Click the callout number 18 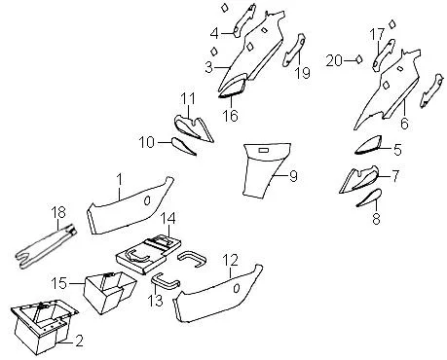pos(58,212)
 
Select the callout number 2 pos(79,341)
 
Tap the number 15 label pos(59,283)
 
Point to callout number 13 pos(155,301)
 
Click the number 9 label pos(293,176)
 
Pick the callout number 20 pos(334,60)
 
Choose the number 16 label pos(230,116)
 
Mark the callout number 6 pos(404,124)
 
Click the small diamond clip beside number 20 pos(358,59)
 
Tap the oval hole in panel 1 pos(147,200)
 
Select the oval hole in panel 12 pos(237,288)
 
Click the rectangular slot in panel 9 pos(263,150)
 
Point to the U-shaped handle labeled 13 pos(165,281)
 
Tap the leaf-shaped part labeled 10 pos(183,146)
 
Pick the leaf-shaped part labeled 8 pos(369,198)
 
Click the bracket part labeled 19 pos(294,51)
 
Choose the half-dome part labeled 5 pos(368,145)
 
